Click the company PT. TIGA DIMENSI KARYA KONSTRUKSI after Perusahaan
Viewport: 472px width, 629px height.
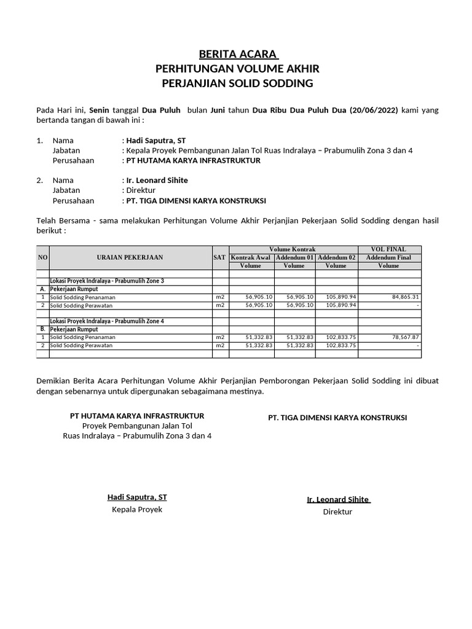tap(195, 201)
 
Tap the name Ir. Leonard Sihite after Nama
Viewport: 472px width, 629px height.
tap(157, 181)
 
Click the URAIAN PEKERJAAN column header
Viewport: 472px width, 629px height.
tap(130, 257)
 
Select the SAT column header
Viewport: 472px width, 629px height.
tap(219, 257)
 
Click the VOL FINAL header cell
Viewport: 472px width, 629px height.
tap(388, 249)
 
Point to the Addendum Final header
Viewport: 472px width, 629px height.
tap(388, 257)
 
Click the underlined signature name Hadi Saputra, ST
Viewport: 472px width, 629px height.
tap(137, 497)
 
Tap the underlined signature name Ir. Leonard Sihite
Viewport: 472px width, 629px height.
tap(338, 499)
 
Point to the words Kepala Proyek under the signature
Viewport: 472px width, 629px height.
tap(137, 510)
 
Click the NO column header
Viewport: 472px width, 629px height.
tap(42, 257)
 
